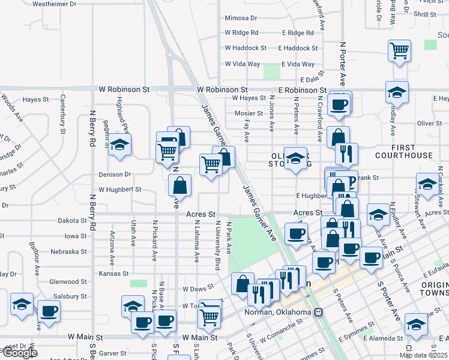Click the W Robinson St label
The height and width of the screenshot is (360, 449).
click(124, 89)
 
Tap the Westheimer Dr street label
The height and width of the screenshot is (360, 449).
click(55, 4)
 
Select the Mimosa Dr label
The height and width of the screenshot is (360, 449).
click(241, 19)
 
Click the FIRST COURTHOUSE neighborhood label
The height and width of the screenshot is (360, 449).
click(403, 151)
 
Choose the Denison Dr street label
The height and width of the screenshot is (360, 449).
click(115, 175)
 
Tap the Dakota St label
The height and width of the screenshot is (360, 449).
click(73, 221)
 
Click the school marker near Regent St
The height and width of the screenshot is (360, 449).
click(120, 145)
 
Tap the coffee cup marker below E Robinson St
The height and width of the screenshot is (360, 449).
click(340, 104)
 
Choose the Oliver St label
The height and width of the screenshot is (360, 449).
click(429, 124)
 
